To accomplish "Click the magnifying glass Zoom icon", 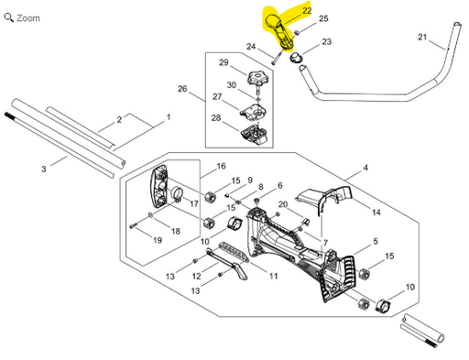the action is [8, 17].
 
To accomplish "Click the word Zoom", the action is [28, 18].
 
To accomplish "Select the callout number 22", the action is [307, 11].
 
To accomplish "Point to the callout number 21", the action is [422, 38].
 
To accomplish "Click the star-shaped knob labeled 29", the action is [258, 79].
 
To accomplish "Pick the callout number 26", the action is [182, 89].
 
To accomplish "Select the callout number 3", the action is [44, 169].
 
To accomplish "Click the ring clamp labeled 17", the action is [177, 193].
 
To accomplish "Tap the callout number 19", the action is [158, 240].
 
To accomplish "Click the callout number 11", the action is [273, 277].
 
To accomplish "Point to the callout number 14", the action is [376, 213].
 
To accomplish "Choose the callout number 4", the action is [365, 168].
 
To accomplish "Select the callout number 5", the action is [376, 241].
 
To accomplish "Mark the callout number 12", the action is [196, 277].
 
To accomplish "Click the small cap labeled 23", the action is [296, 57].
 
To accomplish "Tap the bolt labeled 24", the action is [277, 58].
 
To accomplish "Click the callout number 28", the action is [216, 118].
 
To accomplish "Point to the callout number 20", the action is [283, 204].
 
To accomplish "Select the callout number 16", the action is [221, 167].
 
